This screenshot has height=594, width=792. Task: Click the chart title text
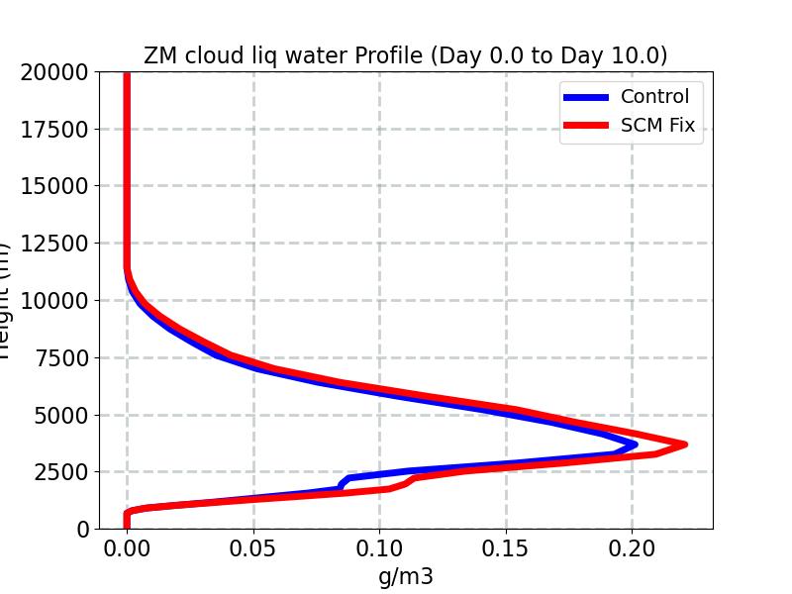click(406, 55)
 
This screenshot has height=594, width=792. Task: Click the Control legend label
click(654, 96)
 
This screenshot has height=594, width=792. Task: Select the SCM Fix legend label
click(657, 127)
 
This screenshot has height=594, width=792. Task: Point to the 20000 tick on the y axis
click(55, 71)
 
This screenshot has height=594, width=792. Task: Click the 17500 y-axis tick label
click(55, 129)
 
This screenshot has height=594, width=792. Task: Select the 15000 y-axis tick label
click(55, 186)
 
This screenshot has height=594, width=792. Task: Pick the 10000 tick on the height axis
click(55, 300)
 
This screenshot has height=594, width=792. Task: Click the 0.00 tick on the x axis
click(127, 547)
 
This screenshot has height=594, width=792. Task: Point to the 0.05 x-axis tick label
click(253, 547)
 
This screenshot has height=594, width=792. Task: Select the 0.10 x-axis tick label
click(380, 547)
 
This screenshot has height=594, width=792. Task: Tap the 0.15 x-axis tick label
click(507, 547)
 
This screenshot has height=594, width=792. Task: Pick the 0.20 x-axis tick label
click(633, 547)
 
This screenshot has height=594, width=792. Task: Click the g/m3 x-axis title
click(406, 576)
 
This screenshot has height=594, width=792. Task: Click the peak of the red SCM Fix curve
click(684, 445)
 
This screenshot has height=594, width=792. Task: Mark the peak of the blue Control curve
click(634, 444)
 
